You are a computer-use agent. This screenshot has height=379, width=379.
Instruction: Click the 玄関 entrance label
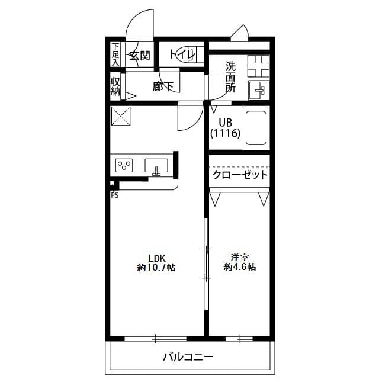140,56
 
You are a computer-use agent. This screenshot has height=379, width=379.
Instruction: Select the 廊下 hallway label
163,87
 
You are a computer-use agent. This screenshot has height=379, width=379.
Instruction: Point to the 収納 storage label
115,87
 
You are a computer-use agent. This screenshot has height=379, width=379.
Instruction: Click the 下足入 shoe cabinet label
115,54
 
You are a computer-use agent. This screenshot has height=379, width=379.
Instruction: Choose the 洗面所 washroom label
230,77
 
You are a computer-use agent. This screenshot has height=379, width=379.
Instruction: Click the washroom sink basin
258,91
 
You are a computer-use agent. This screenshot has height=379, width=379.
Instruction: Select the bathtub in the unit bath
256,128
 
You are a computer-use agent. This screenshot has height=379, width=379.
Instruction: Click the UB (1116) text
224,129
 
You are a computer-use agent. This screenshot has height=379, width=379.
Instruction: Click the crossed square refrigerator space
121,115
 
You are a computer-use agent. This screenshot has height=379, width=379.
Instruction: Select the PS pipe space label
114,195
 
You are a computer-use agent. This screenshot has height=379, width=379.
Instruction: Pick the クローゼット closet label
240,175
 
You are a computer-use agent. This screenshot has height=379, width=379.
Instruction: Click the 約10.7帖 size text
156,268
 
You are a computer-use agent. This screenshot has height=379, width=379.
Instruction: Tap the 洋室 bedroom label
240,258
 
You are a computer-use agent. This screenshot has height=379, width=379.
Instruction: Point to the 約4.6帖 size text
240,268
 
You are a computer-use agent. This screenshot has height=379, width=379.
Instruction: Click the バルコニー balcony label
188,357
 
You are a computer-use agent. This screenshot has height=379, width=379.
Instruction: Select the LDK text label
156,258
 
